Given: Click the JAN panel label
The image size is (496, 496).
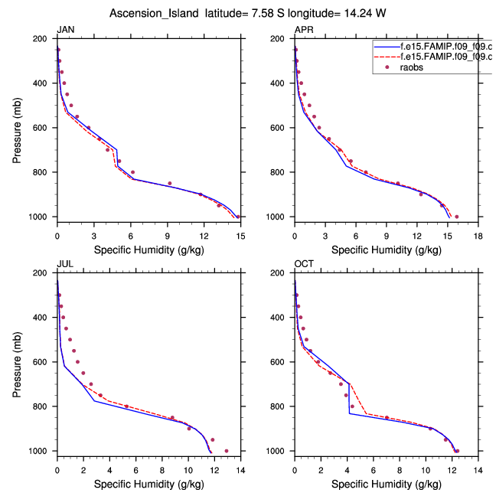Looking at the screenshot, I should tap(64, 30).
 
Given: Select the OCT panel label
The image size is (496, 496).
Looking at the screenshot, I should tap(303, 264).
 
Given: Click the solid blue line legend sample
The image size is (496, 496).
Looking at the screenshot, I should tap(385, 46).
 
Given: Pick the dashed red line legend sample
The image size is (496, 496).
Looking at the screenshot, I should tap(385, 57).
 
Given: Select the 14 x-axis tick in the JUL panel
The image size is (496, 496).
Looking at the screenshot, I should tap(240, 462).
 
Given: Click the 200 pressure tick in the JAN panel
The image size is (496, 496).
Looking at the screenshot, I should tap(44, 39).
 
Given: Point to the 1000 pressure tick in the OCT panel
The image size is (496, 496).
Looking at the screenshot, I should tap(279, 451).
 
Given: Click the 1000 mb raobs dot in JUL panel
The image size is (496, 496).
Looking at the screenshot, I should tap(227, 451).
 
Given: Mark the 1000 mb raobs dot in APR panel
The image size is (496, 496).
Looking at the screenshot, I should tap(457, 217).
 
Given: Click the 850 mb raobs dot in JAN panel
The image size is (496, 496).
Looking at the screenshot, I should tap(170, 184).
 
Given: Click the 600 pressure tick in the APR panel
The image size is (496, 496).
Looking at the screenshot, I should tap(282, 128).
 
